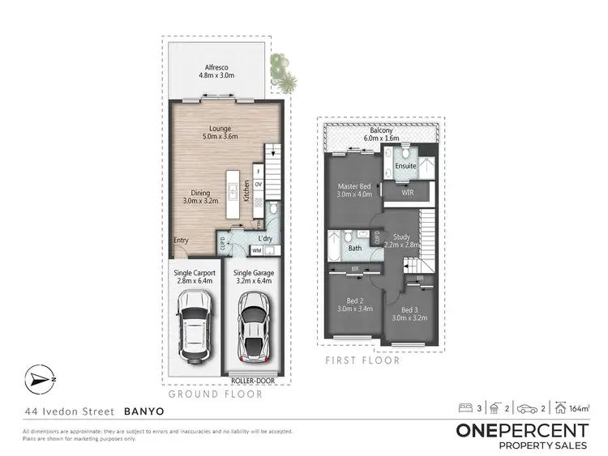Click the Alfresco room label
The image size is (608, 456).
[x=216, y=70]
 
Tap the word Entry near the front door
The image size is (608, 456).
[x=182, y=241]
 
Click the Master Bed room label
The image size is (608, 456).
[x=354, y=190]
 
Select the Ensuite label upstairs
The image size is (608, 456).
[x=405, y=166]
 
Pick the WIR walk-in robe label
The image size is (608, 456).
[x=408, y=194]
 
